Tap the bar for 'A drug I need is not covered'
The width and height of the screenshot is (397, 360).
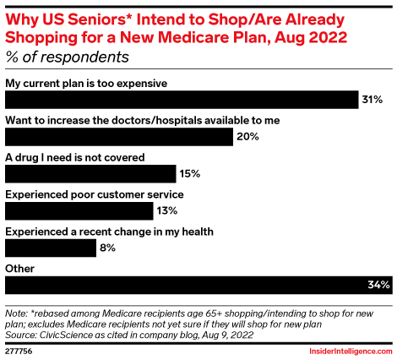pos(90,174)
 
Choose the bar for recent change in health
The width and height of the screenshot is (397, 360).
pos(51,248)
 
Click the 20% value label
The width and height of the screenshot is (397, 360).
pos(247,137)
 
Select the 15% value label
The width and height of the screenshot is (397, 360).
pos(188,174)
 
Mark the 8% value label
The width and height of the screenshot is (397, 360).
pos(107,248)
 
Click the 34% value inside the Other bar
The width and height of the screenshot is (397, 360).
pos(377,286)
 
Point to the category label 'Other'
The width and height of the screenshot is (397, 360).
pos(19,269)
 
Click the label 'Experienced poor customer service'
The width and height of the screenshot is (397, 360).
pos(94,194)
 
